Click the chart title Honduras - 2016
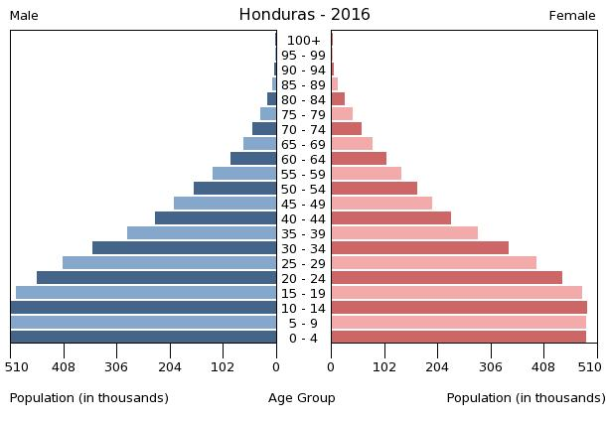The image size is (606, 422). point(304,15)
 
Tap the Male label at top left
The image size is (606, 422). point(24,16)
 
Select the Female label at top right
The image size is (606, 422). point(572,16)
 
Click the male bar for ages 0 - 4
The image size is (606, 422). point(143,338)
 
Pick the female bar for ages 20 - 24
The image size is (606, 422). point(446,278)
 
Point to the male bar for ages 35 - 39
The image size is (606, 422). point(202,233)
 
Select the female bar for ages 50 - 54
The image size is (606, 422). point(374,189)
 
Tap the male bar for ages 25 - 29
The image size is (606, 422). point(169,263)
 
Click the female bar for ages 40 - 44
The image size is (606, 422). point(390,218)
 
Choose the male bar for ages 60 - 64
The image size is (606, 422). point(253,159)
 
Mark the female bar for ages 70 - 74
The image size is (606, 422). point(346,129)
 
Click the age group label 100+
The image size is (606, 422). point(303,41)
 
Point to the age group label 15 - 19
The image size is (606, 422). point(303,293)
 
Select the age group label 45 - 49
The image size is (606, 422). point(303,204)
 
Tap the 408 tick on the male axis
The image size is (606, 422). point(64,365)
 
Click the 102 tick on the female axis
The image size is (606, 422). point(383,365)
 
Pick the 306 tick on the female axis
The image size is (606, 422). point(491,365)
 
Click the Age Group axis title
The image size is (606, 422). point(302,398)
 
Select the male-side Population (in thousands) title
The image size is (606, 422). point(89,398)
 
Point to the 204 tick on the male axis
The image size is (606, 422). point(170,365)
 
